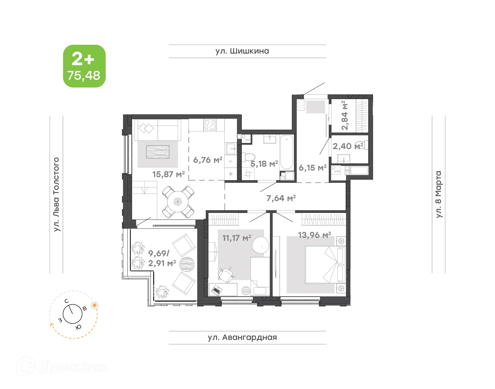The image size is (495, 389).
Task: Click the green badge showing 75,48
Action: [84, 66]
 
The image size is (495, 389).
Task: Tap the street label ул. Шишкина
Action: [242, 51]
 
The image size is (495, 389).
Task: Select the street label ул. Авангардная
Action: [242, 337]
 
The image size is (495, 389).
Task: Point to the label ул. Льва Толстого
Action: [56, 194]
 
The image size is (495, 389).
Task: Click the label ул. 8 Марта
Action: [438, 194]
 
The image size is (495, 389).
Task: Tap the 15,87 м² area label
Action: [168, 174]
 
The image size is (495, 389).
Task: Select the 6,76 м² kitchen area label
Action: [208, 160]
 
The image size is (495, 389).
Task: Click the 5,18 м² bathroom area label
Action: [264, 164]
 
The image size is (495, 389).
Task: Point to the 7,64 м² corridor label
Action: [281, 198]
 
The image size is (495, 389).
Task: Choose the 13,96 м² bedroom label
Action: [314, 235]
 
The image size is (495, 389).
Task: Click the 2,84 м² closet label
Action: [344, 115]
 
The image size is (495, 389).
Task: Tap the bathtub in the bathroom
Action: [287, 152]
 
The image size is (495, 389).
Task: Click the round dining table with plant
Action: [178, 202]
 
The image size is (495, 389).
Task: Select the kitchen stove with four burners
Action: [210, 125]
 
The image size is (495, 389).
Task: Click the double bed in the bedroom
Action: [325, 265]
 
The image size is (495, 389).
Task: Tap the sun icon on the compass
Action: [95, 305]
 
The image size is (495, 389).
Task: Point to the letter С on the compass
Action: [67, 301]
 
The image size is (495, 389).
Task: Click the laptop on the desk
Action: [216, 290]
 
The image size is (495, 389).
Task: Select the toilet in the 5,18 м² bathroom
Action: [249, 157]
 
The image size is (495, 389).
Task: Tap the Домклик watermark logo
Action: [62, 367]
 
